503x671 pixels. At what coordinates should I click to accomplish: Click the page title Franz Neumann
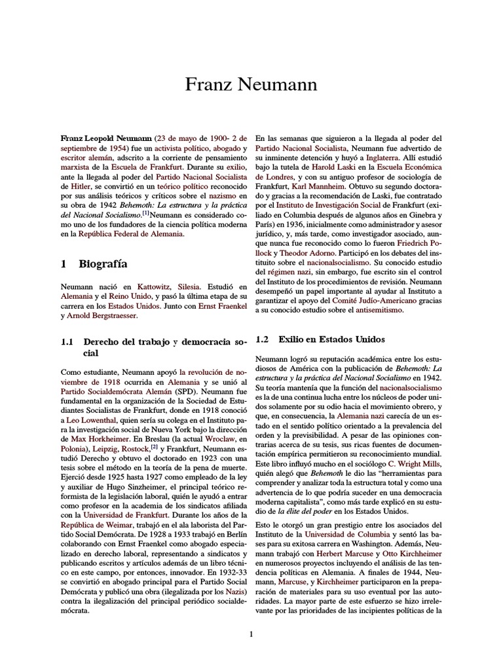[251, 85]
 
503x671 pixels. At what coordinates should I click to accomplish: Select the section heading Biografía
[103, 264]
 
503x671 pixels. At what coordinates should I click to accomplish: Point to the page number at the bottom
[251, 634]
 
